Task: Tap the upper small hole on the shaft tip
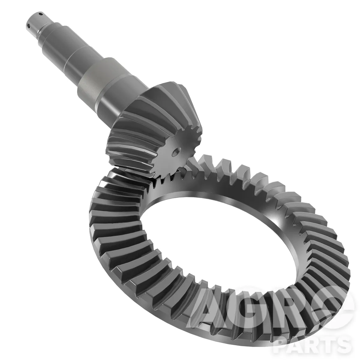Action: (x=41, y=14)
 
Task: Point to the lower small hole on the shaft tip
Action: (x=28, y=25)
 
